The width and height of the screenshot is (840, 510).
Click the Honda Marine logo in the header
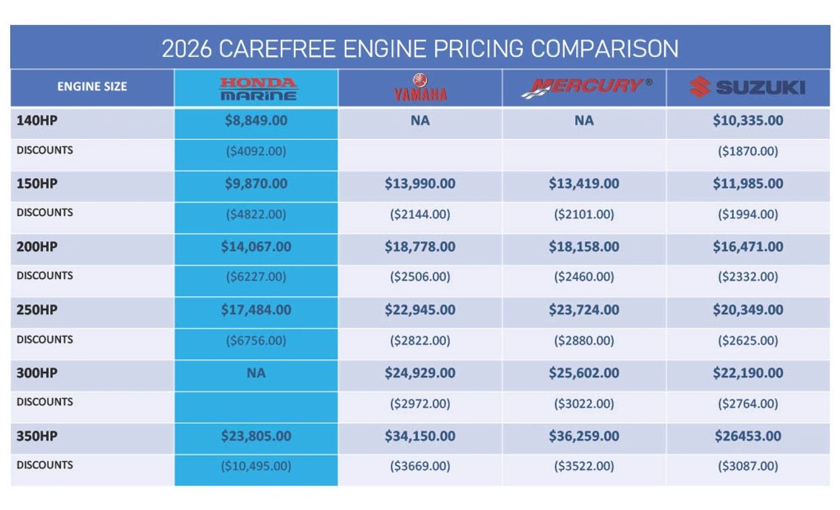click(x=257, y=89)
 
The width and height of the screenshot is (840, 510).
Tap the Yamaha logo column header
click(x=420, y=88)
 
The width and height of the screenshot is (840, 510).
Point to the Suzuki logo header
click(x=747, y=87)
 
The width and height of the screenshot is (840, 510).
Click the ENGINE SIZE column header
click(x=92, y=87)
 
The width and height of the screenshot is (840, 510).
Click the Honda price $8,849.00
click(x=256, y=121)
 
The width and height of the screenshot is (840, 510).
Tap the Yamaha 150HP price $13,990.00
click(x=420, y=184)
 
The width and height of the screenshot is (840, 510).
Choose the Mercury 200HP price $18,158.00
click(x=584, y=247)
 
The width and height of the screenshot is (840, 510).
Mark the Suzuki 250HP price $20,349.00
click(x=748, y=310)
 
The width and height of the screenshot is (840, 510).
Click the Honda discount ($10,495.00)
click(x=256, y=467)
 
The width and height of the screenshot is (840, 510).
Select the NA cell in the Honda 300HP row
click(x=256, y=373)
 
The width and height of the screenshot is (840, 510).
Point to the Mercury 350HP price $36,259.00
click(x=584, y=436)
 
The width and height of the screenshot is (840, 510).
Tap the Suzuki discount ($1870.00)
click(x=748, y=152)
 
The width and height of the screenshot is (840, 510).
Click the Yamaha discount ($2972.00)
click(x=420, y=404)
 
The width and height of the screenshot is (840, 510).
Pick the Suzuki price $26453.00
click(x=748, y=436)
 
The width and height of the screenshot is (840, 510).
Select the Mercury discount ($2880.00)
click(x=584, y=341)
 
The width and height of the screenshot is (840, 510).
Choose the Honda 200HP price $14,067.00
click(x=256, y=247)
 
